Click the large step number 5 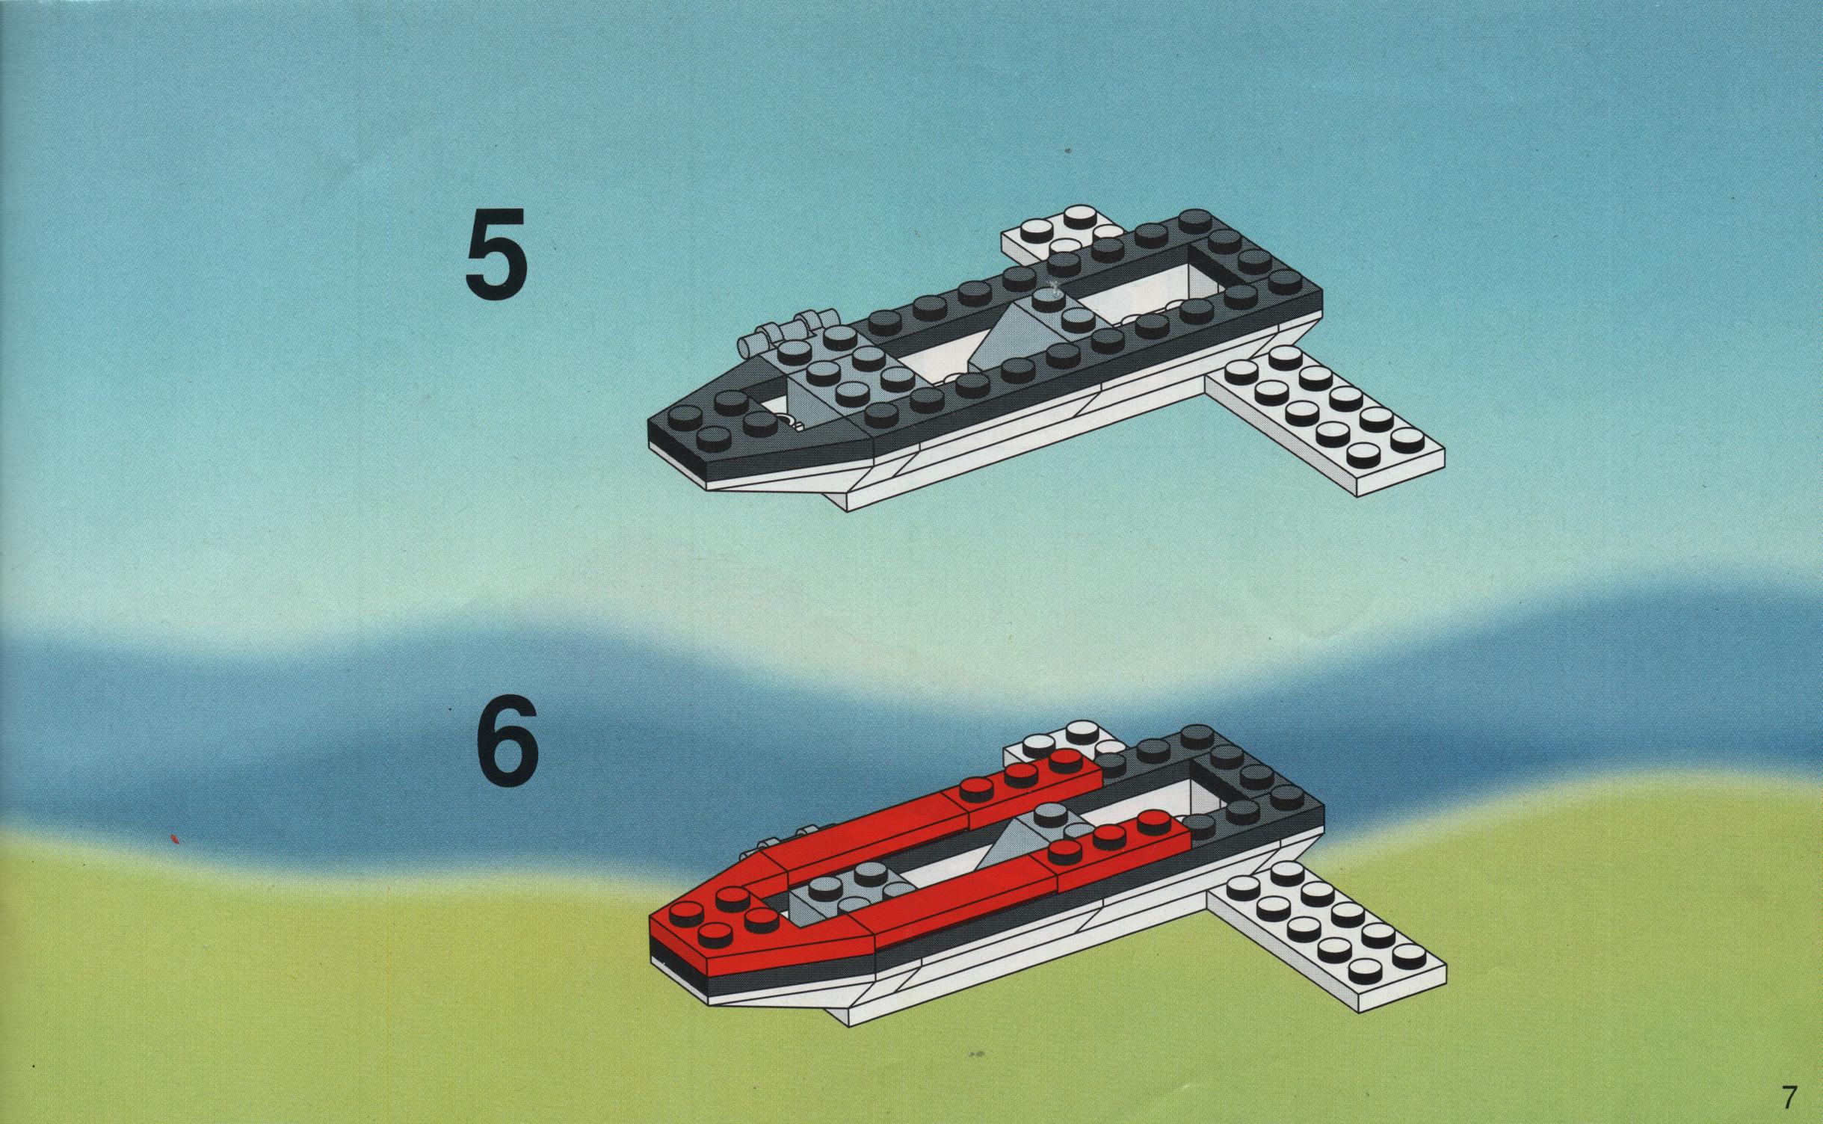coord(496,252)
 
